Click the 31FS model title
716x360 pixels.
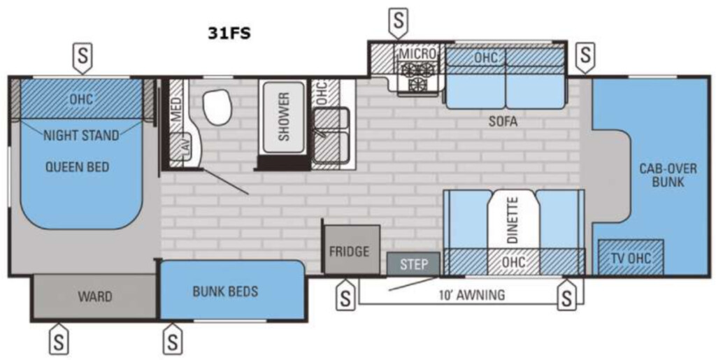coord(229,34)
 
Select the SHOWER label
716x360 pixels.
coord(284,116)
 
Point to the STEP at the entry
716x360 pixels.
coord(414,264)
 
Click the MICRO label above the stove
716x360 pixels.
coord(417,53)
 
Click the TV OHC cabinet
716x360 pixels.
coord(631,257)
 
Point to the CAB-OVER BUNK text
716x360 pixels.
coord(668,175)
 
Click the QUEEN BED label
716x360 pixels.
coord(77,167)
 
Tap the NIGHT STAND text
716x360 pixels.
coord(81,135)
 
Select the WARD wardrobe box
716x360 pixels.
coord(95,296)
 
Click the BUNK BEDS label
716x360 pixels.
coord(225,291)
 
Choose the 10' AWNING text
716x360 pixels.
coord(471,295)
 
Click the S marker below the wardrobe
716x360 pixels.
coord(59,340)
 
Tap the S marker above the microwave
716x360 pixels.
coord(399,22)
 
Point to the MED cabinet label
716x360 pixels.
coord(176,108)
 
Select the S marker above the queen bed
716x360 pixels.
coord(83,57)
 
